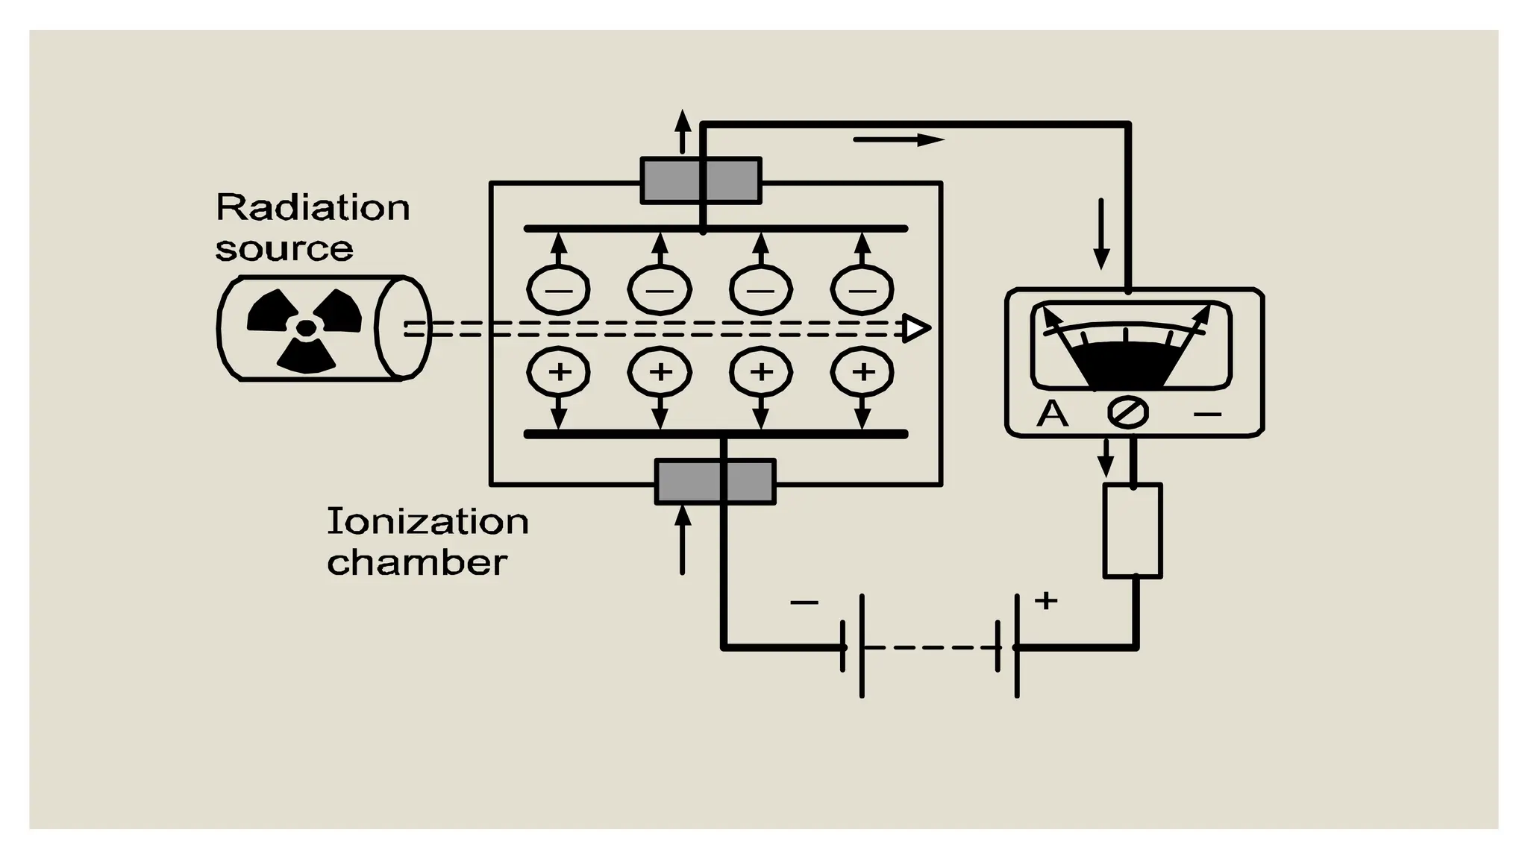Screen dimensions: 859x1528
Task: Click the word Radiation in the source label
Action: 313,207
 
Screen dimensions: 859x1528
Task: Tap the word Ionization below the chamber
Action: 428,521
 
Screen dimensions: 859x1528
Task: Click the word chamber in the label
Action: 417,562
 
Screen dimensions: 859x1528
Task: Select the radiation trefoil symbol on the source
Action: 304,329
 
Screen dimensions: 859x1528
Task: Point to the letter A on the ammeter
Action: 1052,413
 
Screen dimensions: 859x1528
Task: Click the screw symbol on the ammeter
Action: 1127,412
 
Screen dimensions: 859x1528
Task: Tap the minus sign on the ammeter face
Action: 1207,414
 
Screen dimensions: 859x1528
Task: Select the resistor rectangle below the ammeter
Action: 1133,531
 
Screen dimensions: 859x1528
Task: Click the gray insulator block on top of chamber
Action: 701,180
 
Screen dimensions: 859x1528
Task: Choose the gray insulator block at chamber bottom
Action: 715,482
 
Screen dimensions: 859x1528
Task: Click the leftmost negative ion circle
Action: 559,289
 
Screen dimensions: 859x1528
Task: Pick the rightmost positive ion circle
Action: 862,371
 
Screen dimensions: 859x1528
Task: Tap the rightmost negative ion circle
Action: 862,289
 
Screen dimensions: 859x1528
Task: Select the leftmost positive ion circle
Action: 559,371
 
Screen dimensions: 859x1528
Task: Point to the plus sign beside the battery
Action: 1046,600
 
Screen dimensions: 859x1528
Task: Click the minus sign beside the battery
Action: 804,602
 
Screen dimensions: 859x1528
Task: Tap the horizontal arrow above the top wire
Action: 898,140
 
